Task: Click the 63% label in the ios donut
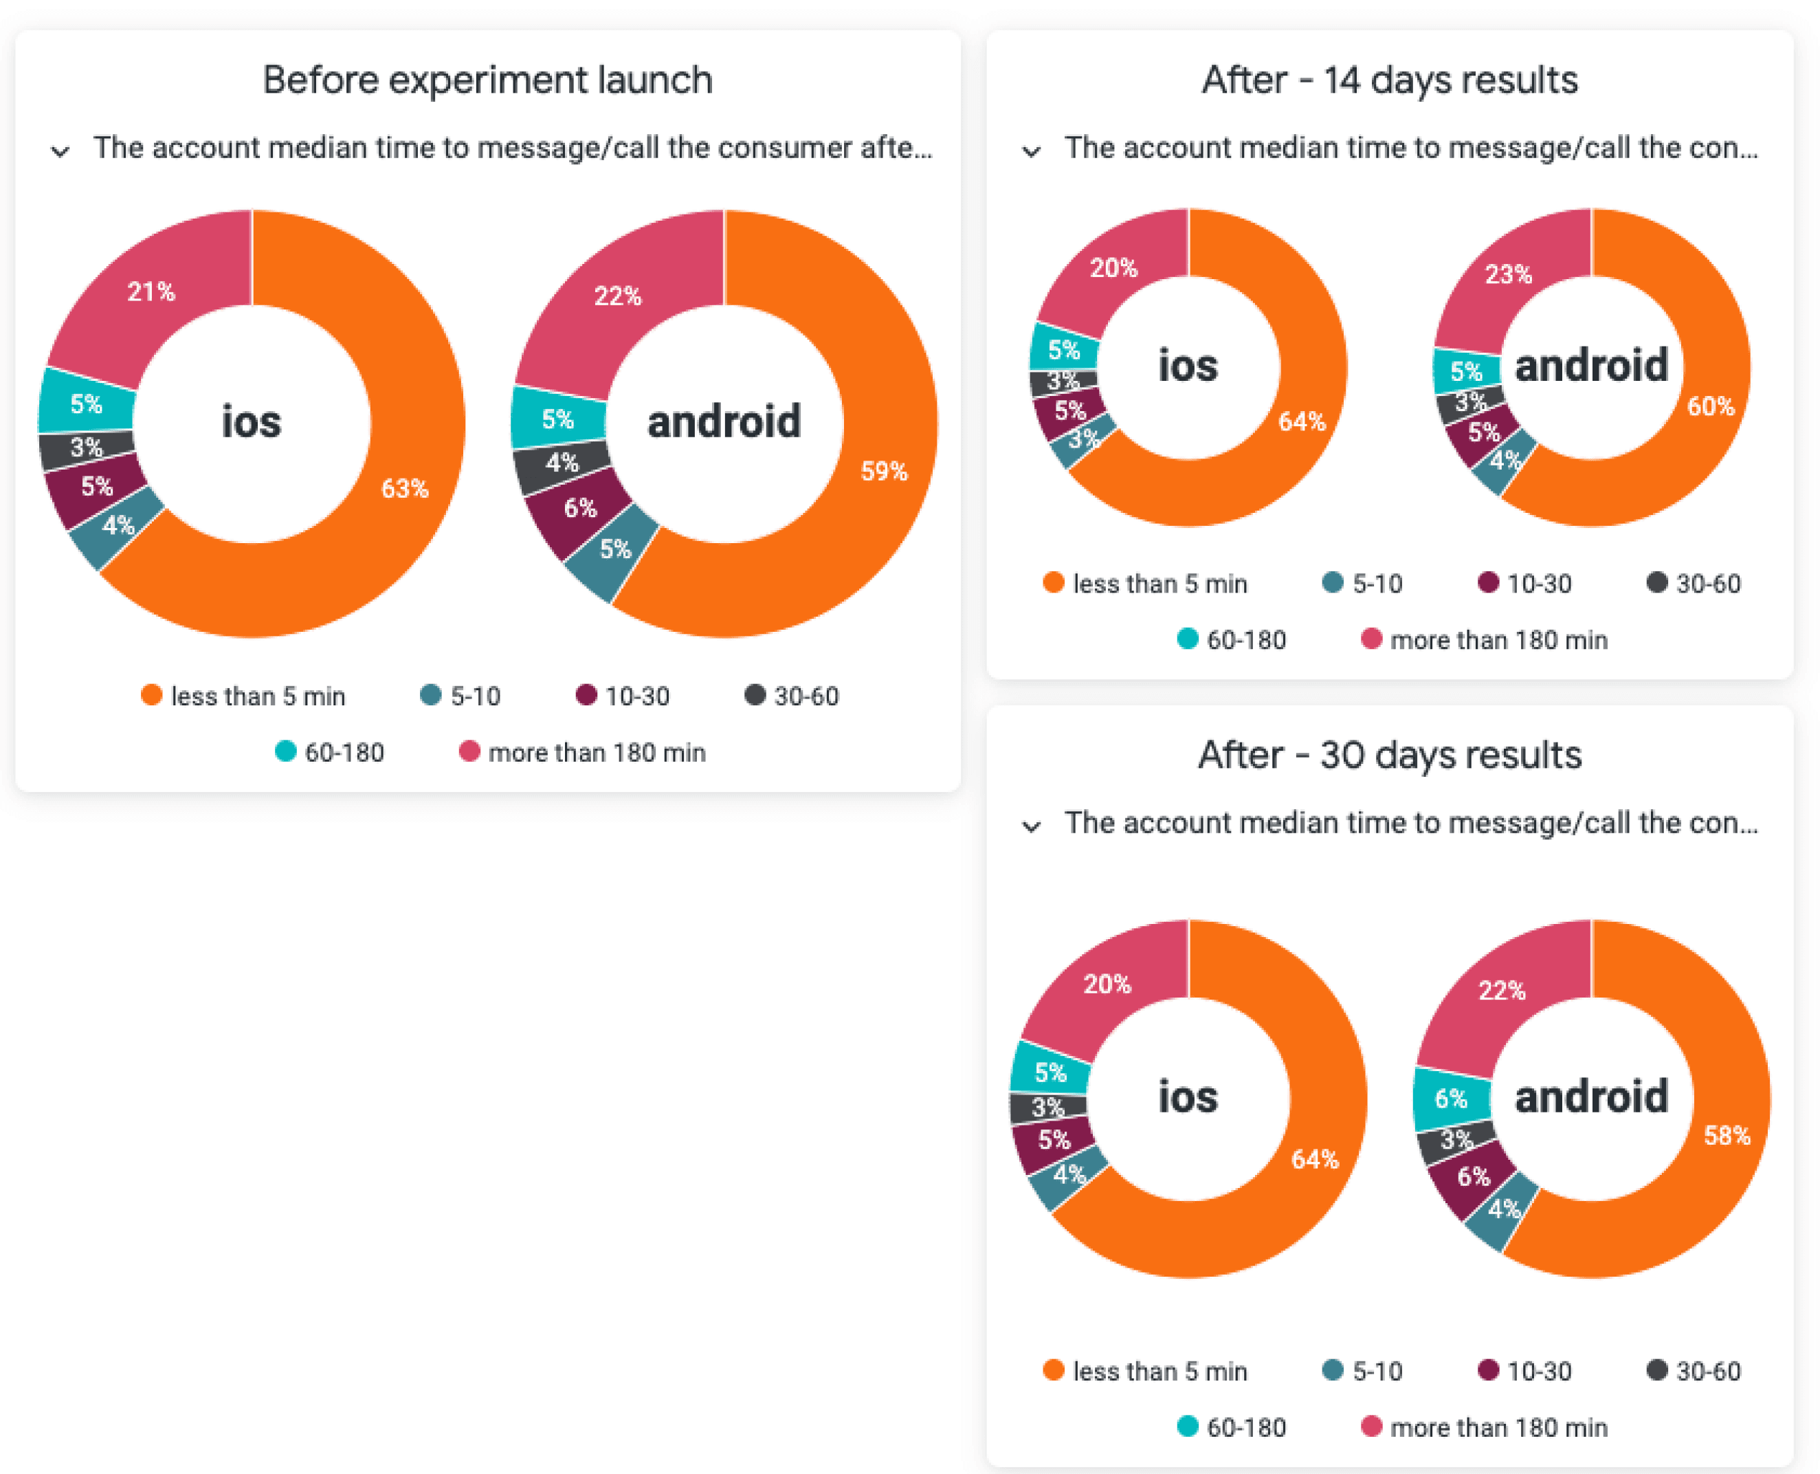pyautogui.click(x=405, y=488)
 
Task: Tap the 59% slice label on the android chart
pyautogui.click(x=884, y=471)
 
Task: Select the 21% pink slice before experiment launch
pyautogui.click(x=151, y=292)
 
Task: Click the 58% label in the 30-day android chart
pyautogui.click(x=1727, y=1135)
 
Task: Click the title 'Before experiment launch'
pyautogui.click(x=487, y=80)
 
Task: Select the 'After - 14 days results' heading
pyautogui.click(x=1390, y=80)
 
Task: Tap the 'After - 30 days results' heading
pyautogui.click(x=1390, y=755)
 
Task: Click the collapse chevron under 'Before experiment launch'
pyautogui.click(x=59, y=152)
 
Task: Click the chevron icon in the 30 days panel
pyautogui.click(x=1030, y=826)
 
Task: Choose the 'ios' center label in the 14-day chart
pyautogui.click(x=1188, y=366)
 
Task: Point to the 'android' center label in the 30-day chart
pyautogui.click(x=1591, y=1096)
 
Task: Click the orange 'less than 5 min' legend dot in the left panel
pyautogui.click(x=151, y=695)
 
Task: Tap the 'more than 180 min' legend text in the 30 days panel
pyautogui.click(x=1498, y=1427)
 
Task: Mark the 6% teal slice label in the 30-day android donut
pyautogui.click(x=1451, y=1098)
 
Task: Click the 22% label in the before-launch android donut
pyautogui.click(x=617, y=296)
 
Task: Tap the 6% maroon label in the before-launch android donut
pyautogui.click(x=580, y=508)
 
